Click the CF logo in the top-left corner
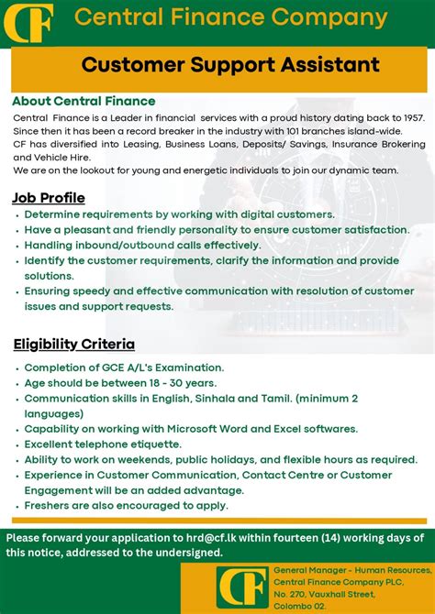pyautogui.click(x=28, y=22)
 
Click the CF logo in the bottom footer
pyautogui.click(x=242, y=587)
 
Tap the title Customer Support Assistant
pyautogui.click(x=230, y=64)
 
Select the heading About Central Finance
pyautogui.click(x=84, y=101)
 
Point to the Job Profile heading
pyautogui.click(x=49, y=198)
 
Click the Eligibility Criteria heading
pyautogui.click(x=73, y=345)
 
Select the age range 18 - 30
pyautogui.click(x=171, y=383)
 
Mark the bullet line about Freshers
pyautogui.click(x=127, y=505)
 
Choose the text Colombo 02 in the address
pyautogui.click(x=300, y=607)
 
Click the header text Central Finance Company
pyautogui.click(x=230, y=17)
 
